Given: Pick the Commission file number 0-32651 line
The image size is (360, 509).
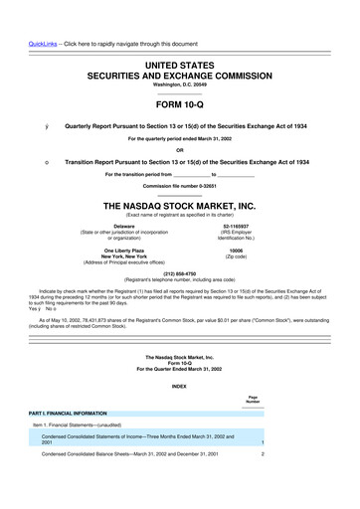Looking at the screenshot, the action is pyautogui.click(x=179, y=186).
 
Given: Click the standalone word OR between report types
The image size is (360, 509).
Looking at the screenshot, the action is pyautogui.click(x=179, y=150).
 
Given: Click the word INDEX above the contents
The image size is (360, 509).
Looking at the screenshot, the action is pyautogui.click(x=179, y=386).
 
